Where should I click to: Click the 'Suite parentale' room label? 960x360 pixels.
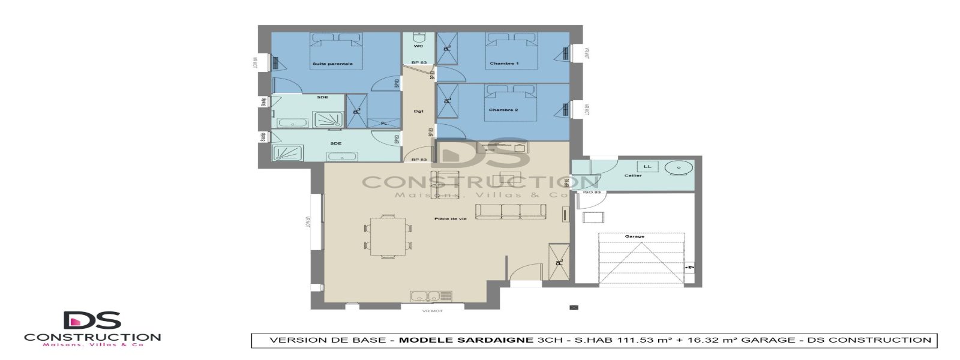pyautogui.click(x=332, y=64)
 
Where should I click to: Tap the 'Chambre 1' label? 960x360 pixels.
pyautogui.click(x=504, y=64)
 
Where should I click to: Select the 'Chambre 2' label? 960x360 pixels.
pyautogui.click(x=503, y=110)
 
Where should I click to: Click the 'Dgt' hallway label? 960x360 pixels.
pyautogui.click(x=419, y=111)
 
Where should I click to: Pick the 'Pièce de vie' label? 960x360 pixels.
pyautogui.click(x=450, y=219)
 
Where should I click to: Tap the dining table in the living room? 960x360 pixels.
pyautogui.click(x=388, y=235)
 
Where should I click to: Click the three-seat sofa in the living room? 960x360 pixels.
pyautogui.click(x=511, y=211)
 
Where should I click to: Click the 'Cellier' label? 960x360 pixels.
pyautogui.click(x=633, y=176)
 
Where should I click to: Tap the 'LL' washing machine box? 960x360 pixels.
pyautogui.click(x=647, y=166)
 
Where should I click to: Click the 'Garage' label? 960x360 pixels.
pyautogui.click(x=634, y=236)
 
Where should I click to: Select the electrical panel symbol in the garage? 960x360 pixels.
pyautogui.click(x=690, y=267)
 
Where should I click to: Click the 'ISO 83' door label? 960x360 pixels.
pyautogui.click(x=592, y=192)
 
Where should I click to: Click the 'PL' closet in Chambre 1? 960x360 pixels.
pyautogui.click(x=447, y=49)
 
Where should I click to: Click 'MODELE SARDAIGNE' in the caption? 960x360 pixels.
pyautogui.click(x=466, y=340)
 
